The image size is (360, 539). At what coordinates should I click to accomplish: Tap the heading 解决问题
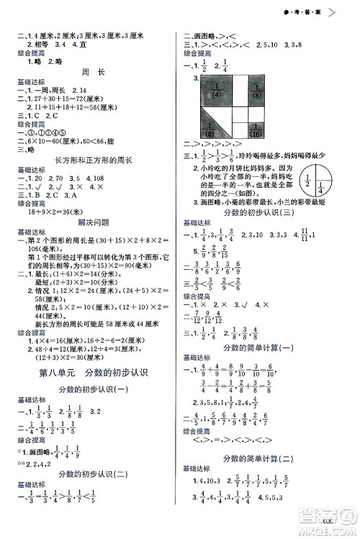click(90, 222)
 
